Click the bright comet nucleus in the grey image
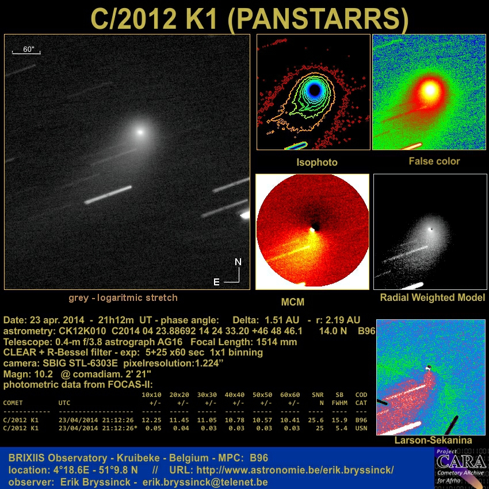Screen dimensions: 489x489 point(140,132)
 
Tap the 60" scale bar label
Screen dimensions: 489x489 point(28,49)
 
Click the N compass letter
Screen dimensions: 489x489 point(238,262)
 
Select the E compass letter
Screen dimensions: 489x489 point(216,282)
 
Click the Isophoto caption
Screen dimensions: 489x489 point(317,162)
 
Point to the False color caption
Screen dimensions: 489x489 point(434,161)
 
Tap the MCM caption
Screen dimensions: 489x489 point(292,302)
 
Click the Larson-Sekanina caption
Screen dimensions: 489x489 point(433,440)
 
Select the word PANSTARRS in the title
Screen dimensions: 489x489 point(318,19)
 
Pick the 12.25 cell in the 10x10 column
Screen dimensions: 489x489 point(151,420)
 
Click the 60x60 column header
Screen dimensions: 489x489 point(290,395)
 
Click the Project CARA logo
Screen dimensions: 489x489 point(461,468)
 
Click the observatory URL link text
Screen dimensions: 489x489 point(295,470)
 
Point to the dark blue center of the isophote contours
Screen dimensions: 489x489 point(314,90)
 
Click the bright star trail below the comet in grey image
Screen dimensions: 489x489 point(108,195)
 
